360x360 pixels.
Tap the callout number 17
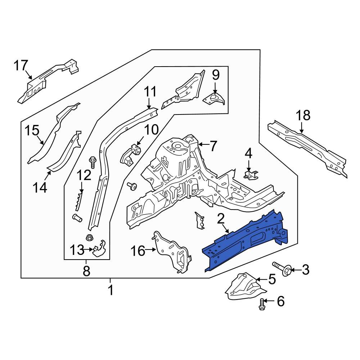tap(21, 66)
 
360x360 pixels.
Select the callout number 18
tap(303, 116)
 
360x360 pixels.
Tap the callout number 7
tap(213, 146)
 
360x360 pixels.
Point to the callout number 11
tap(150, 92)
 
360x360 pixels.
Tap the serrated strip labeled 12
tap(79, 202)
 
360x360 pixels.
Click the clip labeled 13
tap(98, 248)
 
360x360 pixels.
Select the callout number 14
tap(41, 187)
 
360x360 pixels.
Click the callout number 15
tap(31, 130)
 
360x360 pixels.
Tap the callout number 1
tap(111, 290)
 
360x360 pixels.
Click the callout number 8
tap(86, 271)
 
